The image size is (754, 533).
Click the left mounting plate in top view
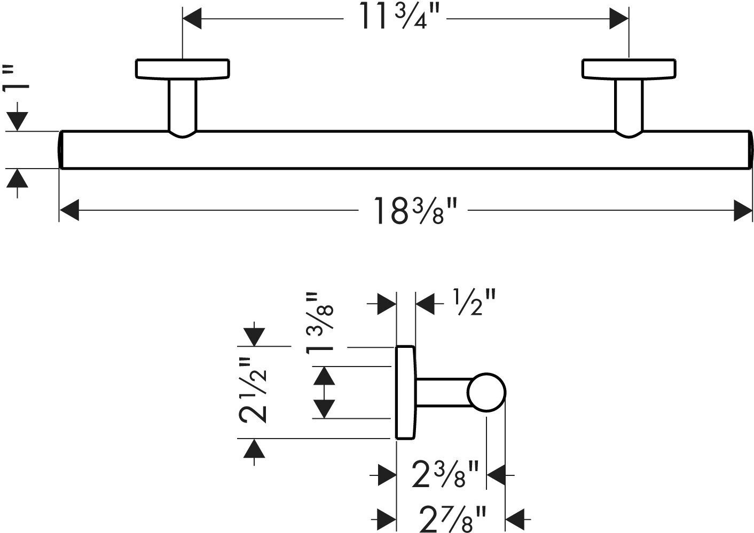(x=182, y=69)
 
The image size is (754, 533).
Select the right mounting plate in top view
(x=629, y=69)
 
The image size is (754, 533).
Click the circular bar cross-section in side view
(x=486, y=392)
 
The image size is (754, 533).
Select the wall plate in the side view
(x=405, y=393)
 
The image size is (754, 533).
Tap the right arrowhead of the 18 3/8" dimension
(x=743, y=209)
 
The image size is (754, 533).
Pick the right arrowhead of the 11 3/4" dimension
(x=619, y=20)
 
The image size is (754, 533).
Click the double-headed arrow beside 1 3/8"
(x=324, y=393)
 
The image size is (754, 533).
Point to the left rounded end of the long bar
(x=61, y=149)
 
